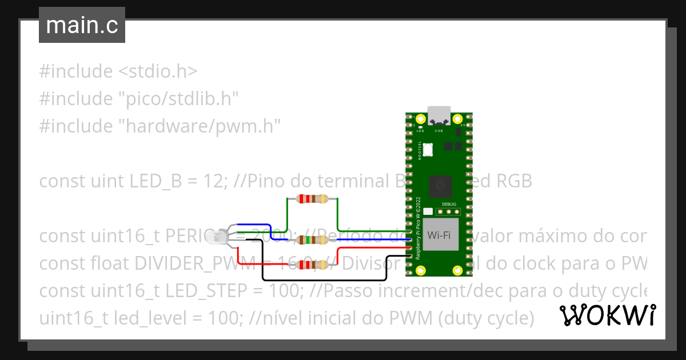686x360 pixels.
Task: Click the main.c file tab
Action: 82,26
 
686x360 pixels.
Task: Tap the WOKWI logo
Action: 607,315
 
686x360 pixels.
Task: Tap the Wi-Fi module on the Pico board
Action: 441,234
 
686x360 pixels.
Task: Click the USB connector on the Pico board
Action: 439,115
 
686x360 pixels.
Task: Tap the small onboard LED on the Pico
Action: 420,127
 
